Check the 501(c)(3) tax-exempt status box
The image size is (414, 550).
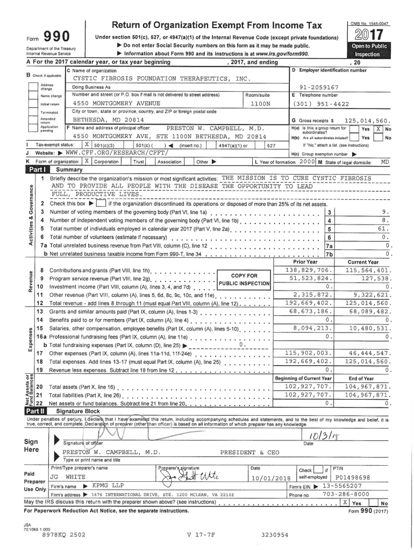pos(87,145)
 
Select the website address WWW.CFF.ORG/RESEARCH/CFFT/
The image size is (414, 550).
pos(102,153)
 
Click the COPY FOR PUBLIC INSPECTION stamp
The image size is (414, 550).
pos(243,279)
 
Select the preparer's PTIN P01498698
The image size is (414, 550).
pos(352,477)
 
